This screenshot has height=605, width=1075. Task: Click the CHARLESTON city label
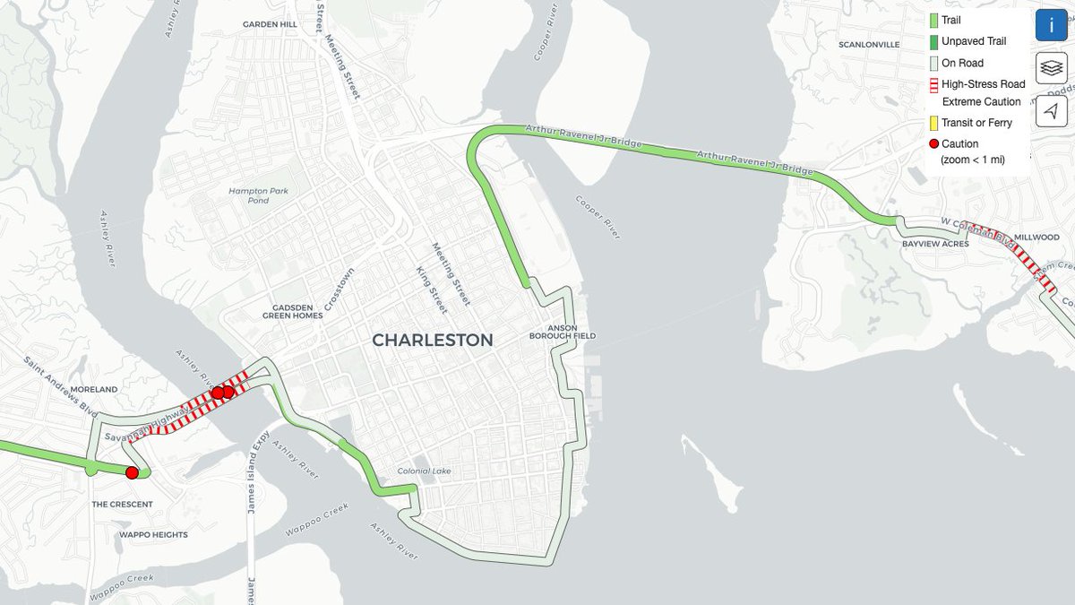click(x=432, y=341)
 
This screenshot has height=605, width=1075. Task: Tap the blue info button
click(x=1052, y=25)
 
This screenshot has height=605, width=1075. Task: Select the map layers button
click(x=1052, y=68)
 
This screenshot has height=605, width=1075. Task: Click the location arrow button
click(x=1052, y=110)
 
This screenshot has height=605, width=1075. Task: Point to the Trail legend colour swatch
click(x=933, y=20)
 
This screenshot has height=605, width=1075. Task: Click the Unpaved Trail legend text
click(x=974, y=41)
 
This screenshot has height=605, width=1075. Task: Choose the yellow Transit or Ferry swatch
click(x=933, y=123)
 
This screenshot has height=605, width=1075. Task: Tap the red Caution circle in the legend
click(x=933, y=144)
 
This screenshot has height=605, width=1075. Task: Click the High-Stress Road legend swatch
click(x=933, y=85)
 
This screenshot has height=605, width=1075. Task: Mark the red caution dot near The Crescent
click(x=132, y=472)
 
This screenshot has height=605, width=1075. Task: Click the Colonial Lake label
click(x=425, y=471)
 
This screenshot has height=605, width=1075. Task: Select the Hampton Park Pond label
click(x=248, y=195)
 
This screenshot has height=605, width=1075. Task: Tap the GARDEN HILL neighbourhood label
click(x=270, y=25)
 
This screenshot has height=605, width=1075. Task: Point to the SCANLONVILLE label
click(x=868, y=45)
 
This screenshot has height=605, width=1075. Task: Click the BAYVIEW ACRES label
click(x=935, y=244)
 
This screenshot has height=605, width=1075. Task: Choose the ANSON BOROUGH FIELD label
click(x=572, y=332)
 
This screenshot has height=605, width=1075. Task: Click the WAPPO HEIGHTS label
click(x=153, y=535)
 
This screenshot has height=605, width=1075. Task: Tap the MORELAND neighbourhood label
click(x=94, y=390)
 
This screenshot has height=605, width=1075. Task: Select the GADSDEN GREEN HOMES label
click(x=292, y=310)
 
